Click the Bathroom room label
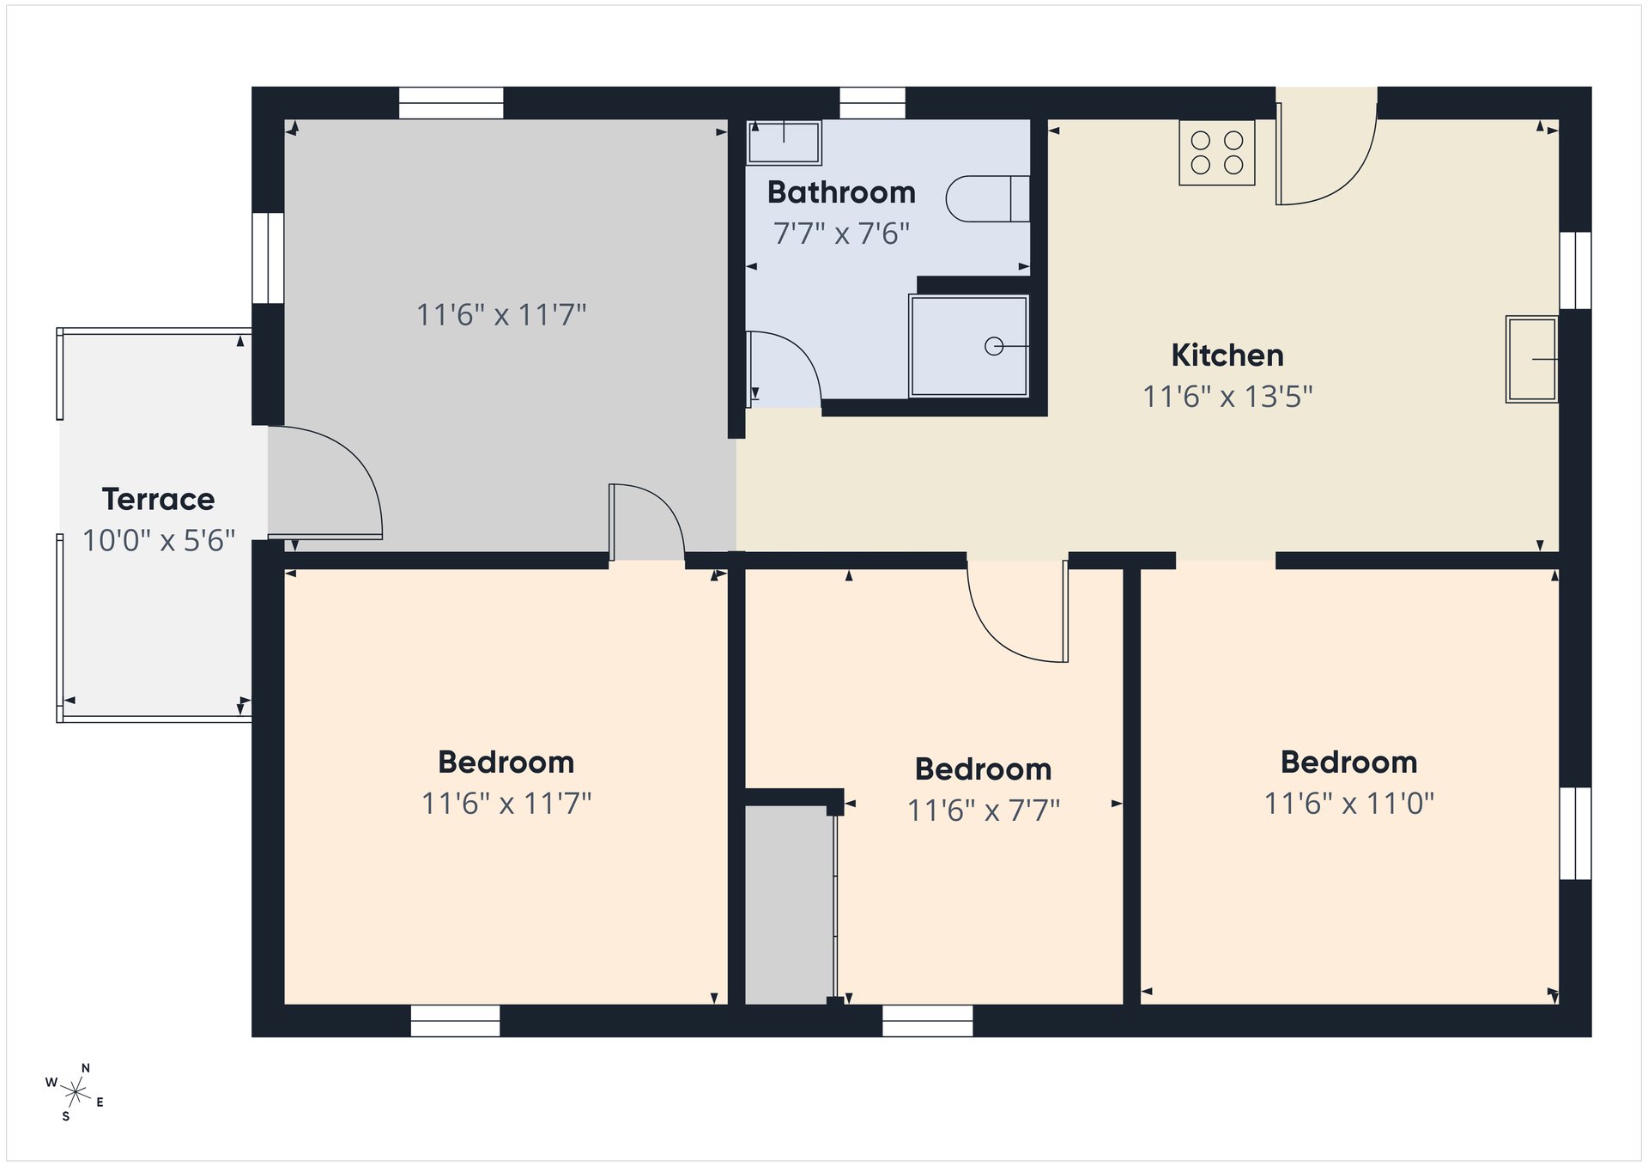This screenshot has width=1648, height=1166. (x=841, y=192)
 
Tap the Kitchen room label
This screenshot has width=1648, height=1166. (x=1227, y=355)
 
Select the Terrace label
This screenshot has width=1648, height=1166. (x=159, y=499)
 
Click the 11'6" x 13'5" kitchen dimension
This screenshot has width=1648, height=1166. (x=1227, y=397)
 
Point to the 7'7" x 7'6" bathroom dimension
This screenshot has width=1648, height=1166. (x=841, y=234)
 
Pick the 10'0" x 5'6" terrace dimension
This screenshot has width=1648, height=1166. (x=159, y=541)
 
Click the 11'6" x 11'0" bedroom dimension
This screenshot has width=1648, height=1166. (x=1349, y=804)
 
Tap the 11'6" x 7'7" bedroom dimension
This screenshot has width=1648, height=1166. (x=984, y=811)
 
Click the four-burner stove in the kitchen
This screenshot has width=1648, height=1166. (x=1217, y=153)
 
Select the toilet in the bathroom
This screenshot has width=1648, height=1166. (x=988, y=199)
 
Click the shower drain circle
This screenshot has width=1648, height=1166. (x=994, y=347)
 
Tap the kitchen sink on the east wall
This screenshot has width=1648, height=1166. (x=1532, y=359)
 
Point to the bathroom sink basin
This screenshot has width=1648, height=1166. (x=785, y=143)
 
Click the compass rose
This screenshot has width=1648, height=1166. (x=76, y=1092)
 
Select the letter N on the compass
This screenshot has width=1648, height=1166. (x=85, y=1068)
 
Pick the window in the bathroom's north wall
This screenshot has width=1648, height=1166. (x=872, y=103)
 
